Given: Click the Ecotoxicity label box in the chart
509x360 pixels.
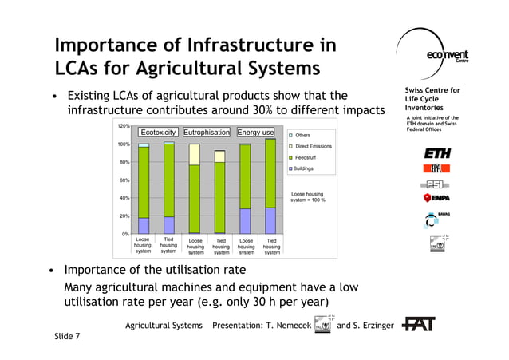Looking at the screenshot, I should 158,132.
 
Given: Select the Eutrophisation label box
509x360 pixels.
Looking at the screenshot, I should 207,132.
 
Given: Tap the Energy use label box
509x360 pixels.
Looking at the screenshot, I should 256,132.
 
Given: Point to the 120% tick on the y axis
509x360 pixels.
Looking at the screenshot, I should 124,126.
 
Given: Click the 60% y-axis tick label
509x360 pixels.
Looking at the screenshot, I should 124,180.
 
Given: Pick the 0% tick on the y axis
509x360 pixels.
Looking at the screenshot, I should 126,234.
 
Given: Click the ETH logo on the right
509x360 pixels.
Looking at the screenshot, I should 436,152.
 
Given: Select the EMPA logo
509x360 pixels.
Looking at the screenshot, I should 437,197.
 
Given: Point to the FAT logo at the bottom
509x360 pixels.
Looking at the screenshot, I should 419,325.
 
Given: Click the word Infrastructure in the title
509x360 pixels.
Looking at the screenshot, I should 252,45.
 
